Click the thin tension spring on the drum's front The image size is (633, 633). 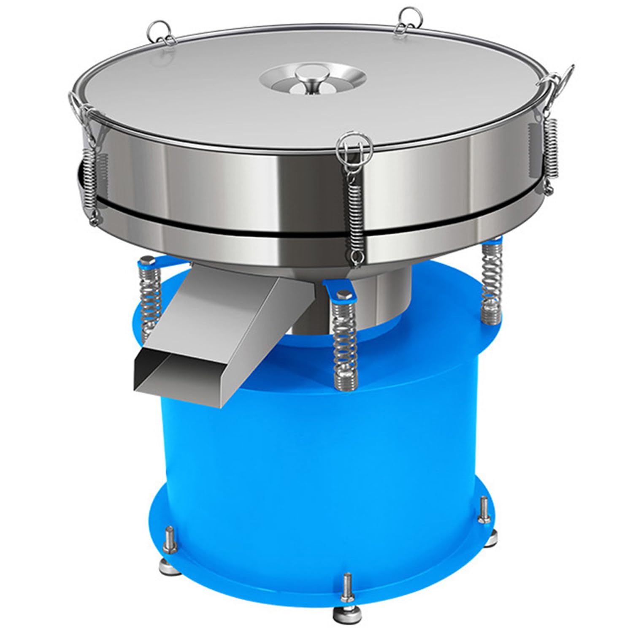tap(355, 219)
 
